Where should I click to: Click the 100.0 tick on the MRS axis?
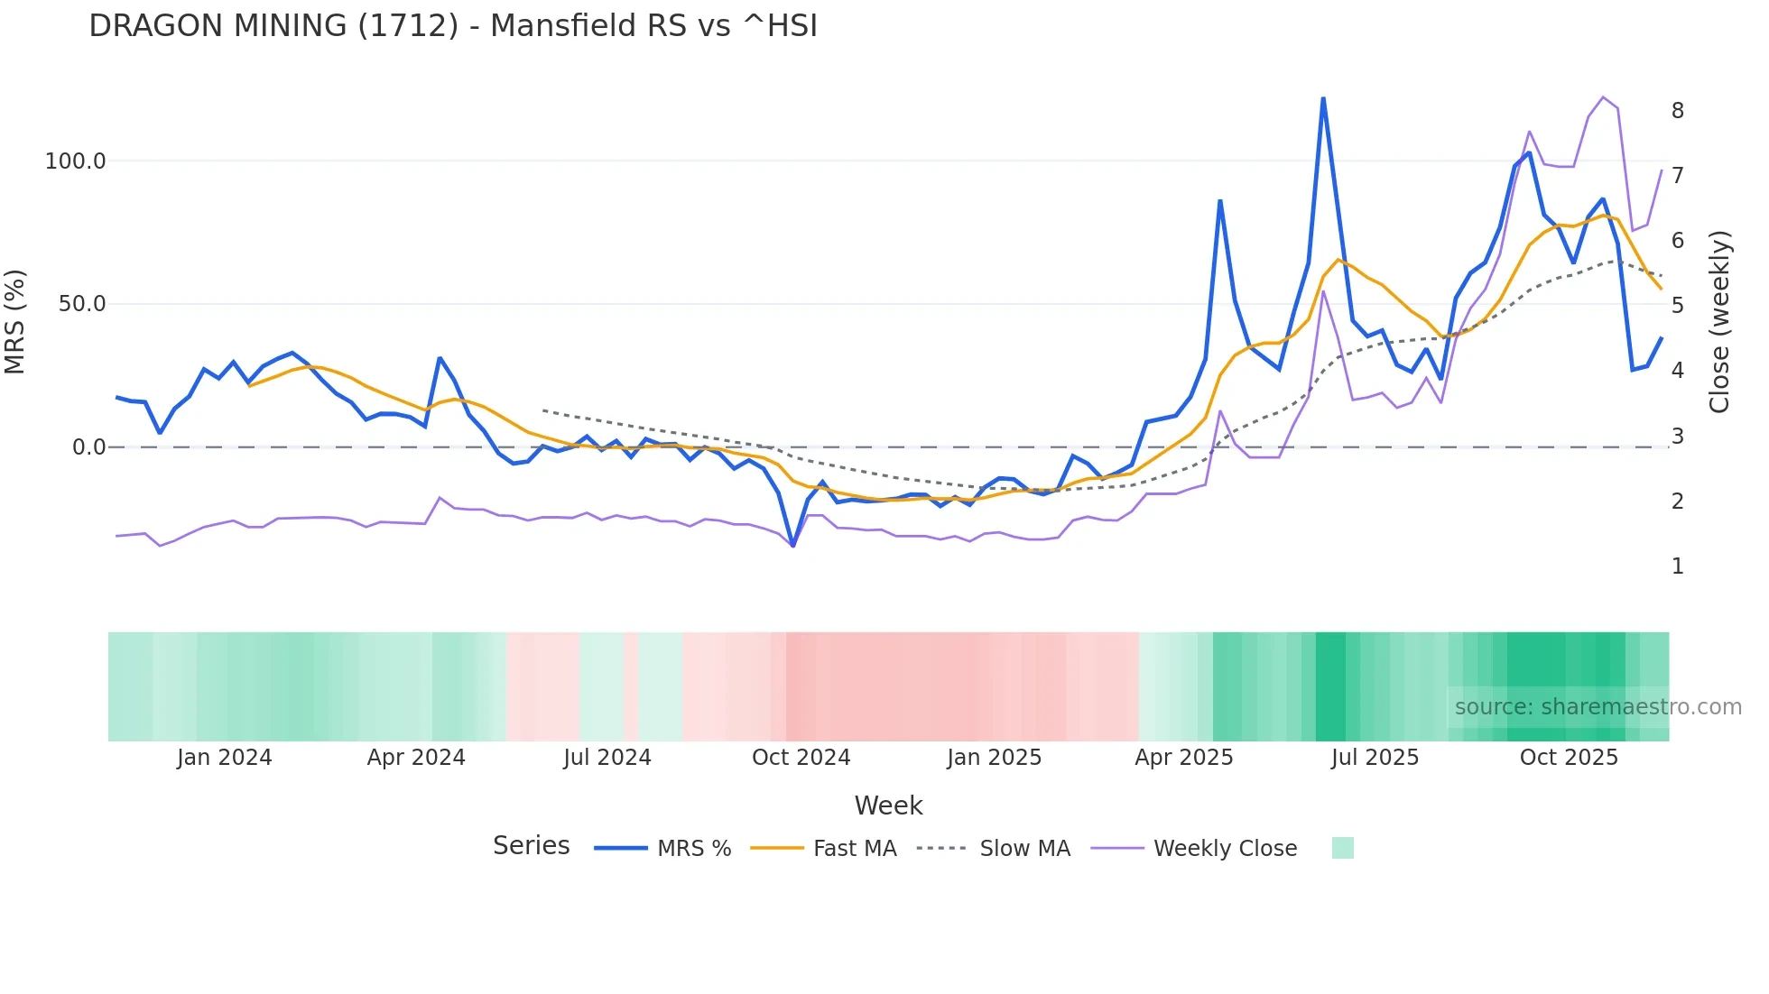point(75,161)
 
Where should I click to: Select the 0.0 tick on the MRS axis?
point(88,447)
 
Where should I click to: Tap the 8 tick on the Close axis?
point(1677,111)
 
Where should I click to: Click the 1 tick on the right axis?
point(1677,566)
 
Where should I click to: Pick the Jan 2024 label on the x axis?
point(224,758)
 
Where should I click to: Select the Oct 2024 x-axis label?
point(801,758)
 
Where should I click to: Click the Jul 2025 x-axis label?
point(1375,758)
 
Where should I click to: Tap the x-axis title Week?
point(888,805)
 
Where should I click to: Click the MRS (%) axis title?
point(15,321)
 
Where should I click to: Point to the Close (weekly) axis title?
point(1720,321)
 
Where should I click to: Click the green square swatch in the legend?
point(1342,848)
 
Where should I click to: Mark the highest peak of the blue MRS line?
point(1323,98)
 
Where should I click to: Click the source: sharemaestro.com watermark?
point(1598,707)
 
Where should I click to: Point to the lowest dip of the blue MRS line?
point(792,546)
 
